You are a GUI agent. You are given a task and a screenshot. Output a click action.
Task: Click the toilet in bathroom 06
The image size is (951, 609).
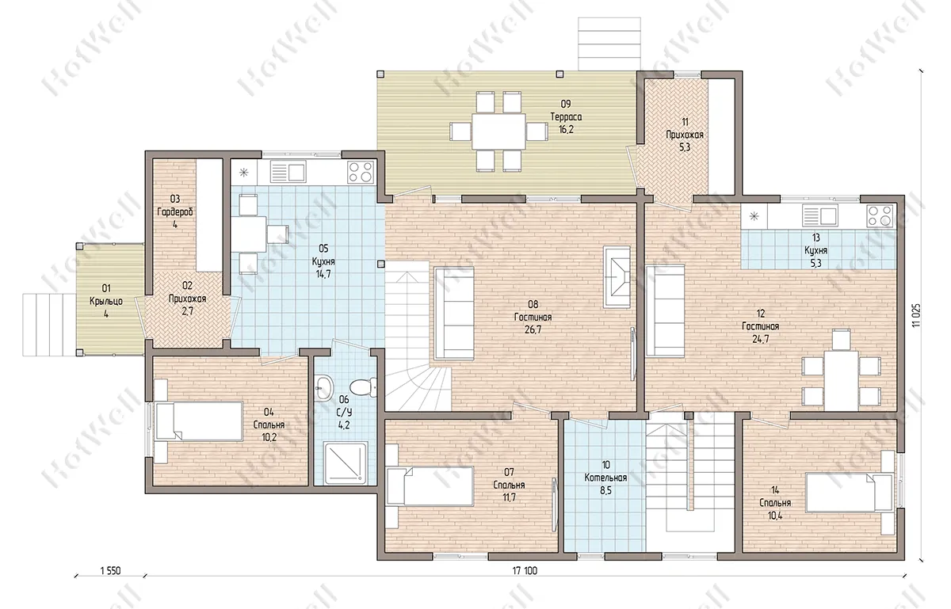tap(364, 387)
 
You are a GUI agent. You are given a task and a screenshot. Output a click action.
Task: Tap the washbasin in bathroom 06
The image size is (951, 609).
tap(324, 386)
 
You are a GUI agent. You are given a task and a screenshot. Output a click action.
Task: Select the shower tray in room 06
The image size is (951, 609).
tap(346, 463)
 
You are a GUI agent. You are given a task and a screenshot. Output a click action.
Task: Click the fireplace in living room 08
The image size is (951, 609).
tap(617, 276)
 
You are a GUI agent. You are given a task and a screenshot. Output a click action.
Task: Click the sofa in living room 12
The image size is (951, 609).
tap(665, 310)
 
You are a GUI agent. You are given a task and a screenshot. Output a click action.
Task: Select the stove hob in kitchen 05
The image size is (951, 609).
tap(361, 172)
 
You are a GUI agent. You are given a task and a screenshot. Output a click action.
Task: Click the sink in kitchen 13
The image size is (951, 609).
tap(819, 216)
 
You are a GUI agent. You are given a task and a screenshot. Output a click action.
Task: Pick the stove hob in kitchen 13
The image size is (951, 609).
tap(880, 215)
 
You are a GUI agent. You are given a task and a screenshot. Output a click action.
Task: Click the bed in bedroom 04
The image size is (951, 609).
tap(199, 421)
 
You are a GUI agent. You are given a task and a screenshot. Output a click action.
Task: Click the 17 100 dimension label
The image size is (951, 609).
tap(525, 571)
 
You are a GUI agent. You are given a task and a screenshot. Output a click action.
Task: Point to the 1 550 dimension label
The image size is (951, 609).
tap(110, 571)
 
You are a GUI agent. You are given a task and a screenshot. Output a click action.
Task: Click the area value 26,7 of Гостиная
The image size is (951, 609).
tap(533, 329)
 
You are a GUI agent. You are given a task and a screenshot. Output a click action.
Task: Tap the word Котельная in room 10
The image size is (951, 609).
tap(605, 478)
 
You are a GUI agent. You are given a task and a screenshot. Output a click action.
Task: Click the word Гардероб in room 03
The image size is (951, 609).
tap(175, 211)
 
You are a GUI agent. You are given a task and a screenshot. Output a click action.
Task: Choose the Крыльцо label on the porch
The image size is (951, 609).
tap(106, 301)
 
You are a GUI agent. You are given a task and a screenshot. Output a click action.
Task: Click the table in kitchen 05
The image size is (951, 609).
tap(249, 234)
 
